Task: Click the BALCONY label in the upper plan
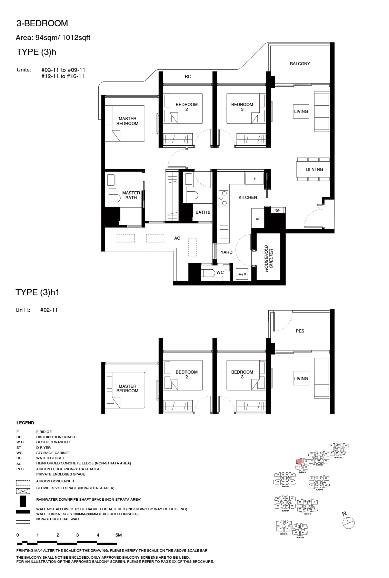coord(300,64)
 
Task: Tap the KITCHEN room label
coord(248,198)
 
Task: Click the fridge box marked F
coord(255,179)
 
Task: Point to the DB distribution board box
coord(277,210)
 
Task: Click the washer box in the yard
coord(242,274)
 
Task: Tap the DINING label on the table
coord(314,170)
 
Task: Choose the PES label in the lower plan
coord(300,331)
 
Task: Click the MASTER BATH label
coord(131,195)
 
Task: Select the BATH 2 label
coord(203,212)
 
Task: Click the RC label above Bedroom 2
coord(188,77)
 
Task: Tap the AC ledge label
coord(177,238)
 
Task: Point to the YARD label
coord(227,252)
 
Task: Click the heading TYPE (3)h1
coord(38,292)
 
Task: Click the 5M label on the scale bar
coord(118,535)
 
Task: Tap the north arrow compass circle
coord(348,522)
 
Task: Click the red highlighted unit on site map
coord(299,461)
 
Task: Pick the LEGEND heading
coord(25,423)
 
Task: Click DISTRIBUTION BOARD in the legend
coord(56,437)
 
